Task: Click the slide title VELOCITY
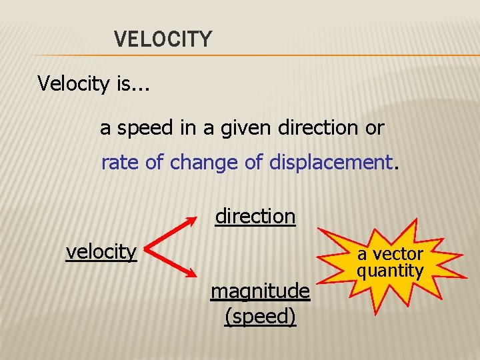coord(163,39)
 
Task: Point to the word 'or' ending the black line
coord(375,128)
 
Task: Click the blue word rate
coord(121,162)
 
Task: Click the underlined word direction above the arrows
coord(255,216)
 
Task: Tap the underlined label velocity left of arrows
coord(101,251)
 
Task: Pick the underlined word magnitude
coord(260,291)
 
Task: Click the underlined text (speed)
coord(260,315)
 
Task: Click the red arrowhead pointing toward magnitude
coord(193,273)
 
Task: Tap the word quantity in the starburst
coord(390,270)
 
